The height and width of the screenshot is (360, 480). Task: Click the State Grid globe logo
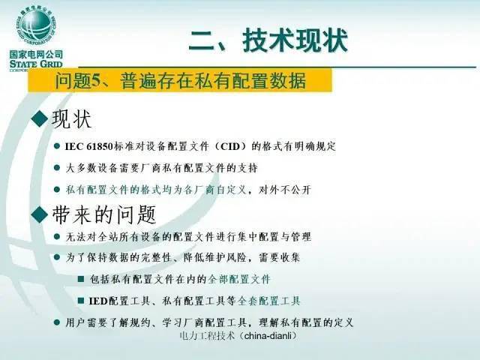(x=34, y=25)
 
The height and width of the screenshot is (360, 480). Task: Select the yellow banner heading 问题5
(x=180, y=81)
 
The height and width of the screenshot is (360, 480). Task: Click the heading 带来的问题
(x=103, y=214)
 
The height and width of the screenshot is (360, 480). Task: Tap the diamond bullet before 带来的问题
(x=40, y=214)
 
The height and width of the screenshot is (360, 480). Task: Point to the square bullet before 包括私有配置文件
(x=81, y=279)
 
